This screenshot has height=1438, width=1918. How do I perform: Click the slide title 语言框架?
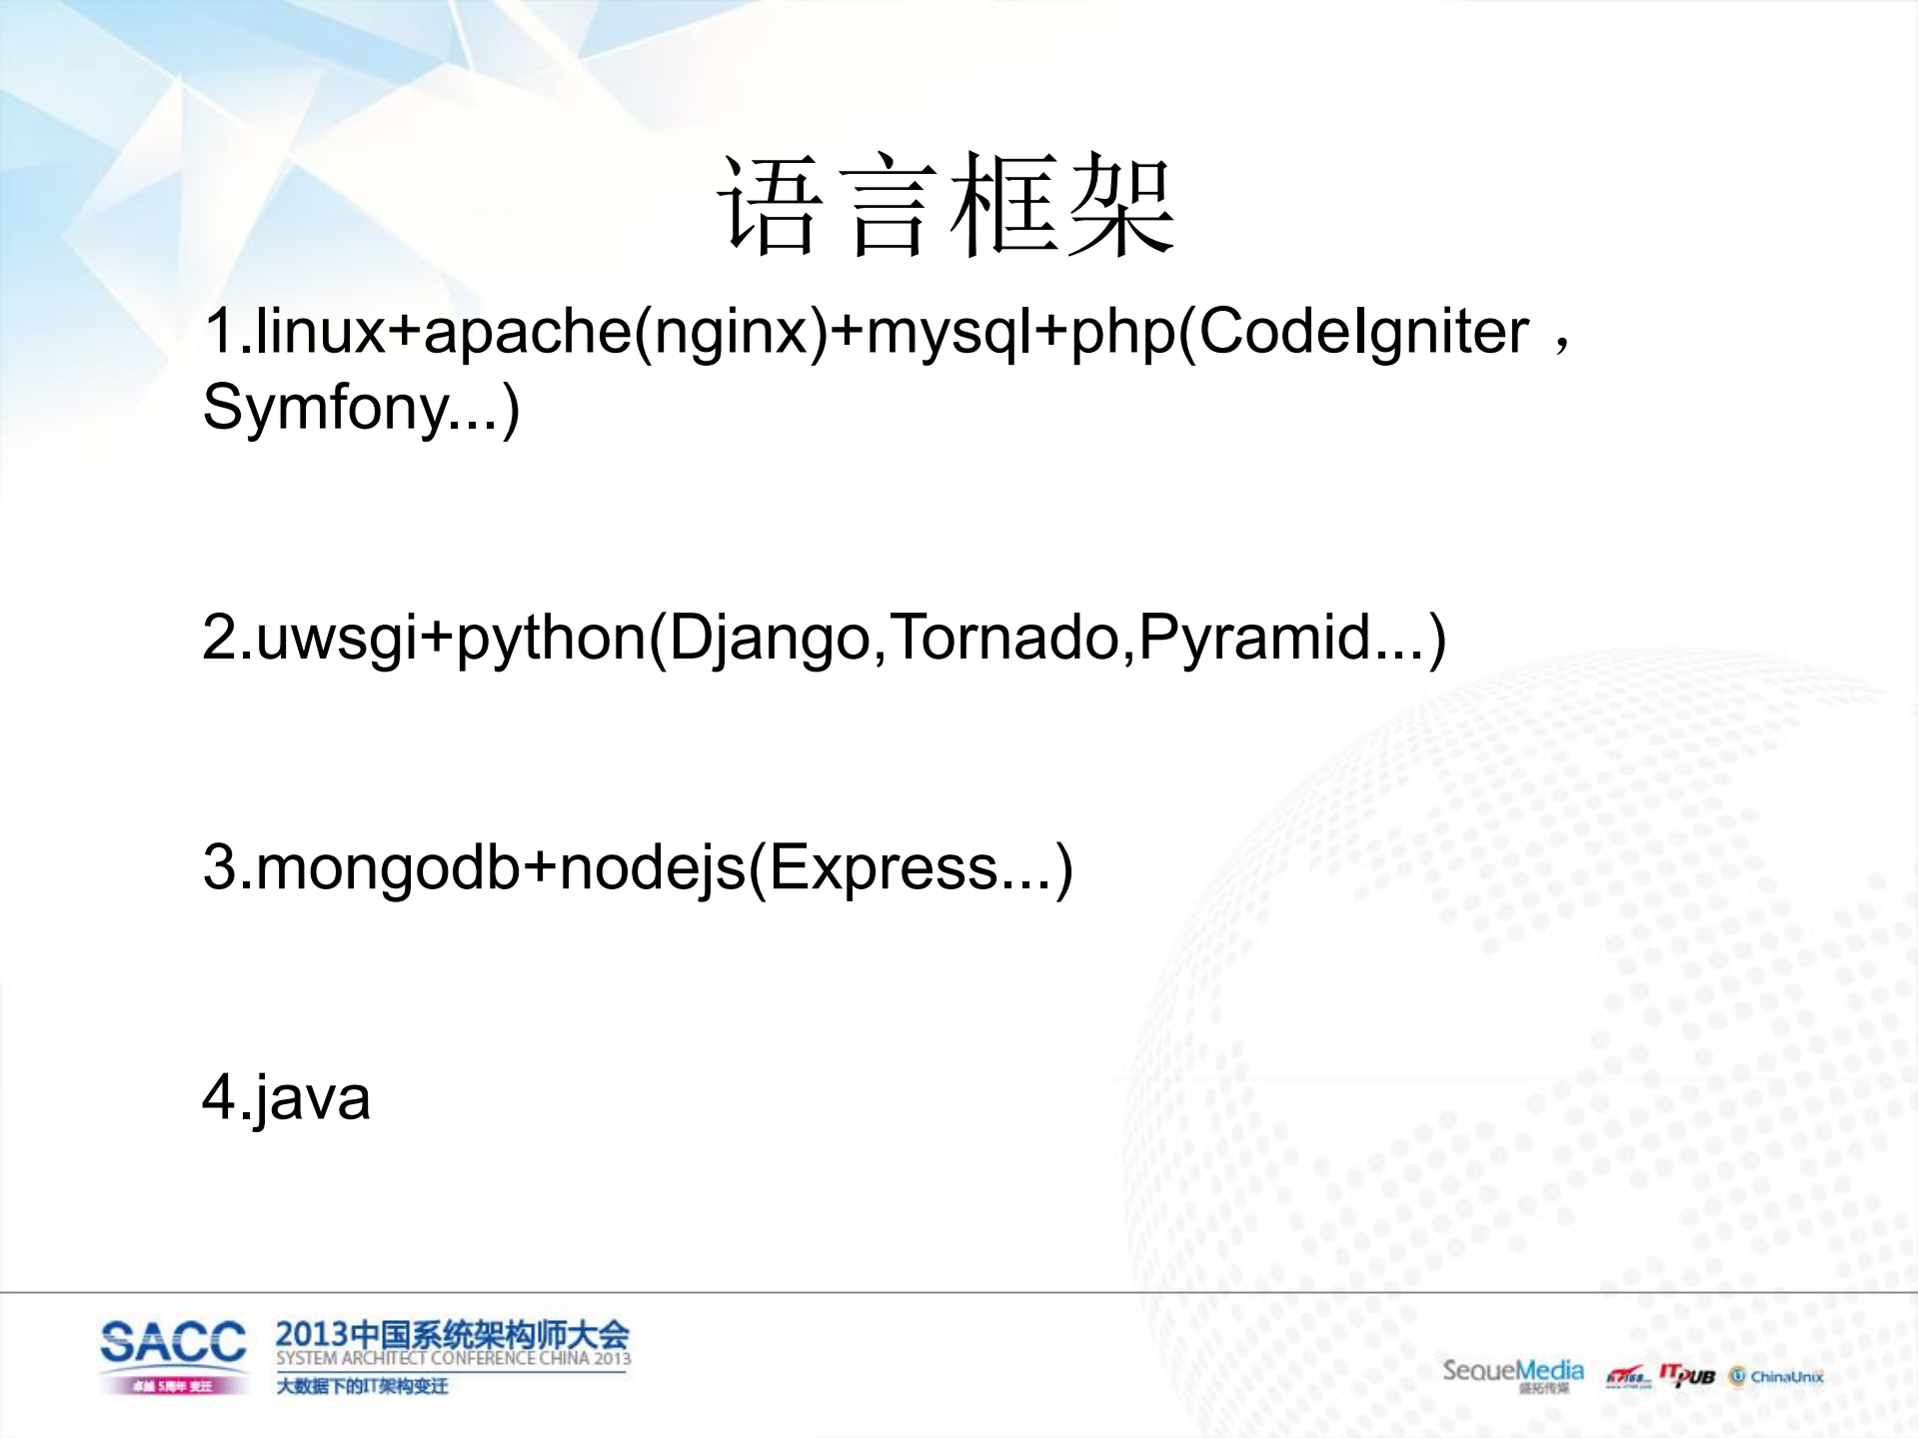coord(946,207)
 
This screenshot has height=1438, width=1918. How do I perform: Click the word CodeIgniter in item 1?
coord(1363,331)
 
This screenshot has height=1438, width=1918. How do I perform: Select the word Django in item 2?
coord(769,638)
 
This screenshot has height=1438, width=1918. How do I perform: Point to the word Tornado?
coord(1005,637)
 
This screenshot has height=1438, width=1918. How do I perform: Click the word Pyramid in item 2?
coord(1254,637)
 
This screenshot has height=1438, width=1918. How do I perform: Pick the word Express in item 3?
coord(884,866)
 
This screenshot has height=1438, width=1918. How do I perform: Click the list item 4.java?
coord(286,1097)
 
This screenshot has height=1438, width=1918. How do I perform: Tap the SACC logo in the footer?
coord(173,1342)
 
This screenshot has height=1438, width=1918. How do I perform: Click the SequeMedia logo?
coord(1512,1372)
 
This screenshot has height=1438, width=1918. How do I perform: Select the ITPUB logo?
coord(1687,1375)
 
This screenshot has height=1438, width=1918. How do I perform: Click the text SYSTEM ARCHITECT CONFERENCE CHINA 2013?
coord(453,1358)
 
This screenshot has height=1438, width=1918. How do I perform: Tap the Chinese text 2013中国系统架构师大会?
coord(452,1334)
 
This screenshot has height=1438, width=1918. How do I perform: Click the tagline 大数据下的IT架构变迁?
coord(362,1386)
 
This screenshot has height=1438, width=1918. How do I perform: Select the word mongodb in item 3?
coord(388,866)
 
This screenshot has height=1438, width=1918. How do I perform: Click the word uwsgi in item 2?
coord(337,638)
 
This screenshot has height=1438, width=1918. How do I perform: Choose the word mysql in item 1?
coord(949,333)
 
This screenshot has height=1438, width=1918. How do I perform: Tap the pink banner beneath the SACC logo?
coord(173,1386)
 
